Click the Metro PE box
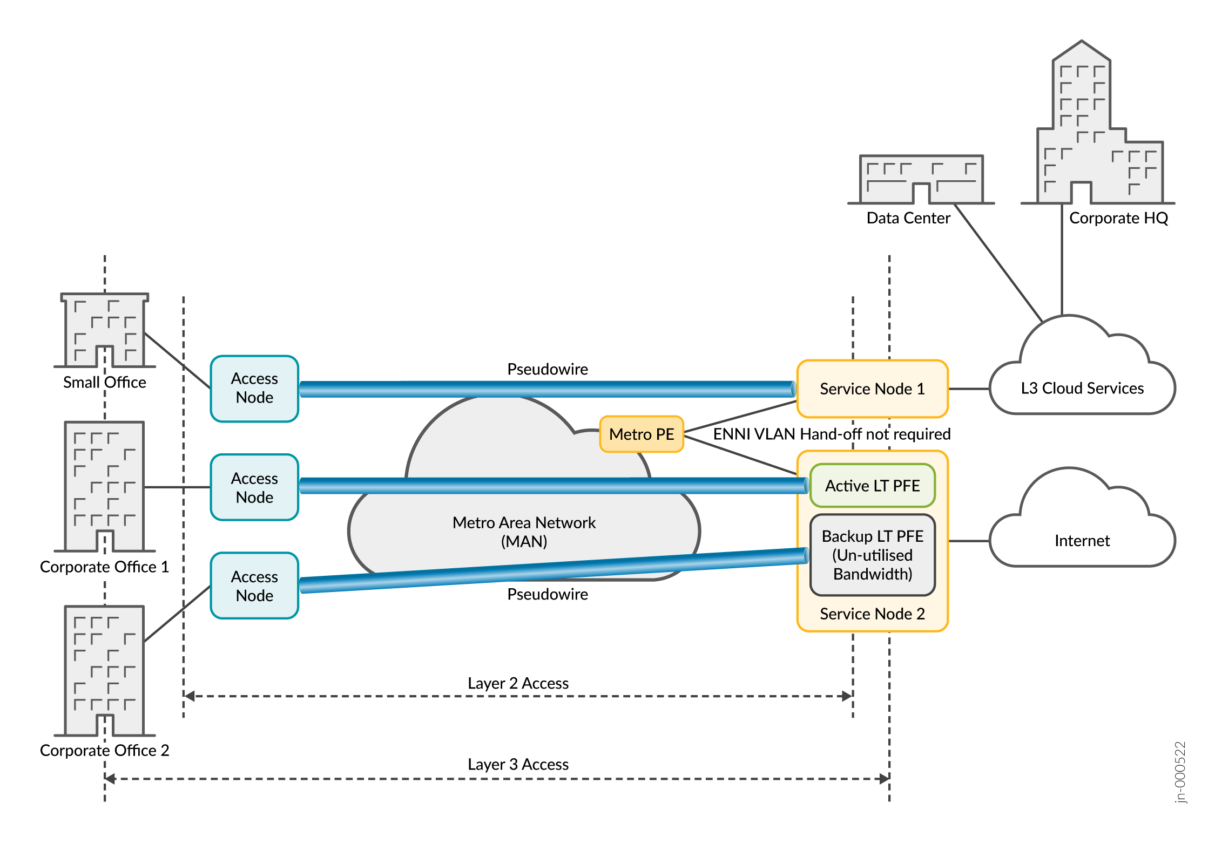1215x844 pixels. tap(642, 434)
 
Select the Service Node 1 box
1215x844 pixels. tap(872, 389)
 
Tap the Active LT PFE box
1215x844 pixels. tap(872, 486)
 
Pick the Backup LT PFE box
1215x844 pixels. tap(872, 555)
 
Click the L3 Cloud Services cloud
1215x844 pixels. tap(1082, 388)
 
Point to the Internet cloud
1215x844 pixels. tap(1082, 540)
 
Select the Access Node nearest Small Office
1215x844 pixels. tap(254, 388)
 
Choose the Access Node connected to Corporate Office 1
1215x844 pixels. tap(254, 487)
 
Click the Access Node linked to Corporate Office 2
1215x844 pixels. tap(254, 586)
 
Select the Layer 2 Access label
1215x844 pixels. tap(518, 683)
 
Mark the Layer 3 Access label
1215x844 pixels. tap(518, 764)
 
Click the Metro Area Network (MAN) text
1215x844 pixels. tap(524, 532)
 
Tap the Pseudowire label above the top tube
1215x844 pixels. tap(548, 369)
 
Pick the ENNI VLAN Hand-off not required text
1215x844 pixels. tap(832, 434)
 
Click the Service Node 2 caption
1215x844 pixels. tap(872, 614)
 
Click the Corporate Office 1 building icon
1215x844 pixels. tap(104, 486)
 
